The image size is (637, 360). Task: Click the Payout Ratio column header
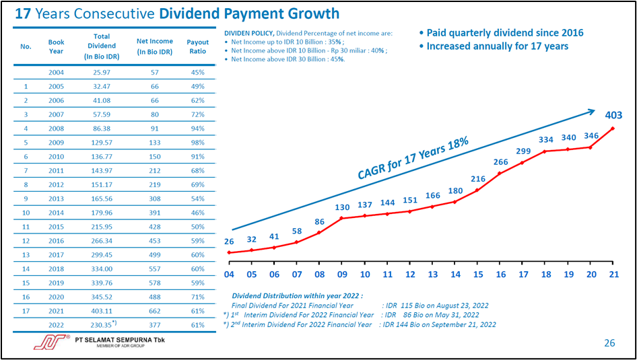click(x=198, y=46)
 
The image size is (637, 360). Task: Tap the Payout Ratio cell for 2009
click(x=198, y=143)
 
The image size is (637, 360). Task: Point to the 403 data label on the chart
click(x=613, y=115)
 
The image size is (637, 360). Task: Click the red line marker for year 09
click(x=342, y=218)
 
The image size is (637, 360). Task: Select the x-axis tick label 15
click(x=478, y=274)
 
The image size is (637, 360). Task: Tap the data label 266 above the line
click(x=500, y=161)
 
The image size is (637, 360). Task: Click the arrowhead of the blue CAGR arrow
click(x=591, y=112)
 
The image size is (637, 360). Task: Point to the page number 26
click(x=609, y=343)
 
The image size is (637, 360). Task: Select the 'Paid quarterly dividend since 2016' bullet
click(x=500, y=33)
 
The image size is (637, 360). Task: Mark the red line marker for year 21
click(x=613, y=128)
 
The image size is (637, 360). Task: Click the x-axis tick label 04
click(x=229, y=274)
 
